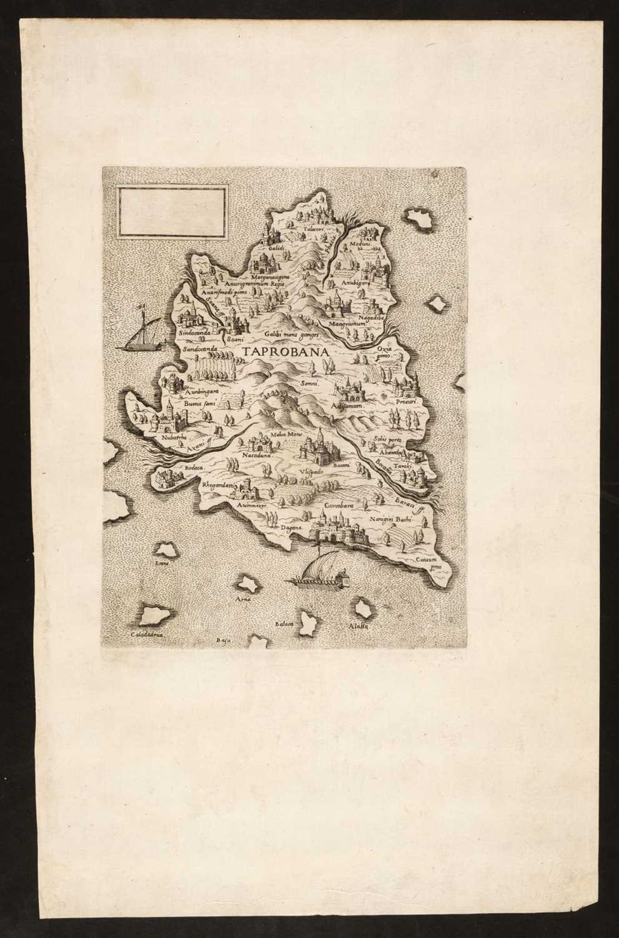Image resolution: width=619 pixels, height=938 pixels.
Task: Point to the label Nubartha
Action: (x=157, y=438)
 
